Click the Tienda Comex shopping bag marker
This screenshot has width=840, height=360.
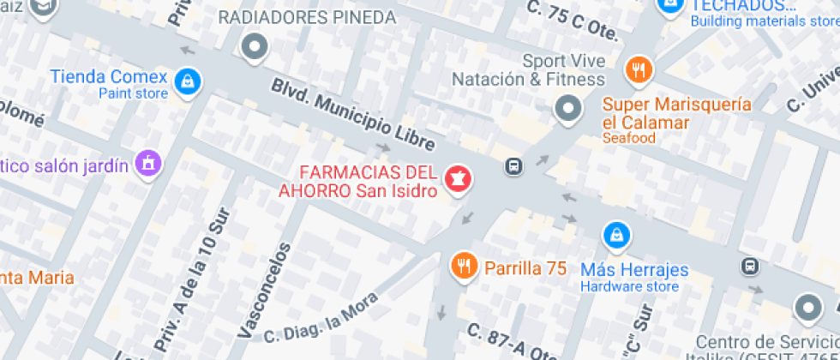click(185, 81)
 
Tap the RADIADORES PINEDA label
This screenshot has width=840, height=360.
click(308, 17)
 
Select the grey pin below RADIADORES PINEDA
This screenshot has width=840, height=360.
click(255, 47)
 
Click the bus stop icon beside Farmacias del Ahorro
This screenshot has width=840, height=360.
click(513, 165)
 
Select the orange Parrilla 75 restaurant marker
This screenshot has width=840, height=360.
click(464, 266)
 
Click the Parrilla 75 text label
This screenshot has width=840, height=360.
click(525, 267)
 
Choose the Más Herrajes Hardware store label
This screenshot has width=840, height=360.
click(634, 277)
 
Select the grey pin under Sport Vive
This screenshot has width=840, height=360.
click(567, 109)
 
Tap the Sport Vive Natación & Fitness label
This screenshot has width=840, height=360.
click(528, 71)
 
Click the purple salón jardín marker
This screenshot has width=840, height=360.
click(149, 161)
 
